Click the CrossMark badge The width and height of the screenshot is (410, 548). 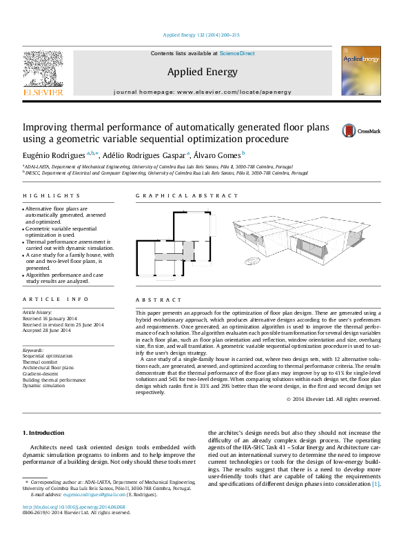[360, 130]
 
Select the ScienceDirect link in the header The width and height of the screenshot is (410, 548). [237, 53]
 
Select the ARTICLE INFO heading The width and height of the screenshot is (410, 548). [56, 299]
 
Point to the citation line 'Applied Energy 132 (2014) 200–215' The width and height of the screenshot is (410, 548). [201, 35]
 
